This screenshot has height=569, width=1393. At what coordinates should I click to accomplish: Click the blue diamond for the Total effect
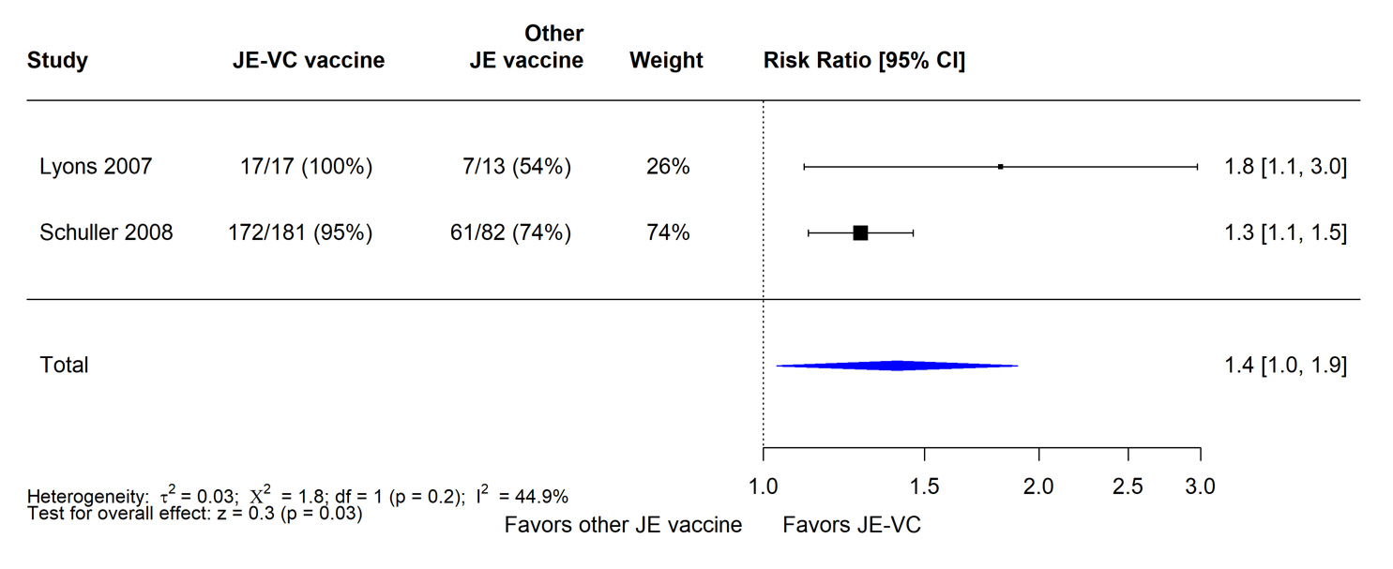click(897, 366)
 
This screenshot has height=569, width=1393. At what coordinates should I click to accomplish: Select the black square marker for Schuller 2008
click(860, 232)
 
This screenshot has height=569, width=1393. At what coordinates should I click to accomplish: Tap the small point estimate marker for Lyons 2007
click(1001, 167)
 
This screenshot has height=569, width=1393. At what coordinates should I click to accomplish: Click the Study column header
click(57, 61)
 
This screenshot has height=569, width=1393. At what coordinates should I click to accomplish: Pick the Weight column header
click(666, 61)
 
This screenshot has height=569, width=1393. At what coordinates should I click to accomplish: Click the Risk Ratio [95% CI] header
click(864, 61)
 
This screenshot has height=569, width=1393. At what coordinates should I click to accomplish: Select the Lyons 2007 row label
click(96, 167)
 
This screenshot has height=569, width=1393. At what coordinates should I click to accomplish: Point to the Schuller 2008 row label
click(106, 232)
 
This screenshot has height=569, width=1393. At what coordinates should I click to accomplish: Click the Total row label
click(64, 365)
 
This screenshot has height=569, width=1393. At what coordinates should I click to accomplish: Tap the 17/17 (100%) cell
click(306, 167)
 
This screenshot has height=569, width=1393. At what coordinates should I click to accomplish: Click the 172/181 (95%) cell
click(300, 232)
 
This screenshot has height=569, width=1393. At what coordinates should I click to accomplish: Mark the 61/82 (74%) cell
click(510, 232)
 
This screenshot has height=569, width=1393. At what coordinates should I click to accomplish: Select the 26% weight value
click(668, 167)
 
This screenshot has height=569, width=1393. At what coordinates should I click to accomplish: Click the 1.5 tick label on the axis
click(925, 487)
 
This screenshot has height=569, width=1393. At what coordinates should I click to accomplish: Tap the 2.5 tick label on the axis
click(1128, 487)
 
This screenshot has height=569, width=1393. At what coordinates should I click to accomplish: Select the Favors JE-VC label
click(852, 525)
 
